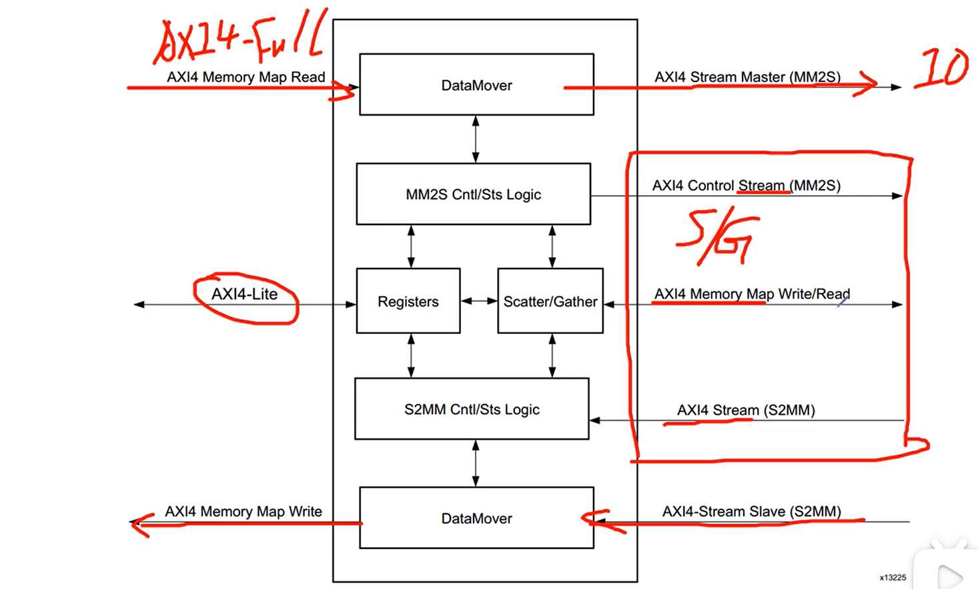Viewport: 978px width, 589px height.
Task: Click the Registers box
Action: click(408, 301)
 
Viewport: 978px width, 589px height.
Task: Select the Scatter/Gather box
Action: click(550, 301)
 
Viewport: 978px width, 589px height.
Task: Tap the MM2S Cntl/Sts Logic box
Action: click(474, 194)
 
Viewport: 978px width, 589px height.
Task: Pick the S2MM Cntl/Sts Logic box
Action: click(472, 409)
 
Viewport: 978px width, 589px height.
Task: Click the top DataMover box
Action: click(476, 85)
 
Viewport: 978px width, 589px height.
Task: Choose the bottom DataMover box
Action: click(476, 518)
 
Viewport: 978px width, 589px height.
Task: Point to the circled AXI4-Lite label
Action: click(245, 294)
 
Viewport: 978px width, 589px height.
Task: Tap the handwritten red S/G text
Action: click(717, 239)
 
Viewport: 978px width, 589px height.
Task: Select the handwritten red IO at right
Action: click(941, 68)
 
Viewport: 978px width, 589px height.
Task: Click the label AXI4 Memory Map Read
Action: click(246, 77)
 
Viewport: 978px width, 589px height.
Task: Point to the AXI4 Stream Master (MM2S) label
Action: click(747, 77)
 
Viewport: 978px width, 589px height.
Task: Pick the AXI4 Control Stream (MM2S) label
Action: click(746, 185)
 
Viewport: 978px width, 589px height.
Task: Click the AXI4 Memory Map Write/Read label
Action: click(752, 294)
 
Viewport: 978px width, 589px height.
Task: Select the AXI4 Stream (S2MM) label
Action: click(746, 410)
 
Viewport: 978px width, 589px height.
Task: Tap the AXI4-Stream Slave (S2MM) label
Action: click(751, 512)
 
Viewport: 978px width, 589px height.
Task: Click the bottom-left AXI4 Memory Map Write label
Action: click(243, 512)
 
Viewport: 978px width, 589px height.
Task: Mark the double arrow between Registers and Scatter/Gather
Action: click(479, 301)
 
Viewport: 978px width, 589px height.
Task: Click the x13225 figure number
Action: click(893, 578)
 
